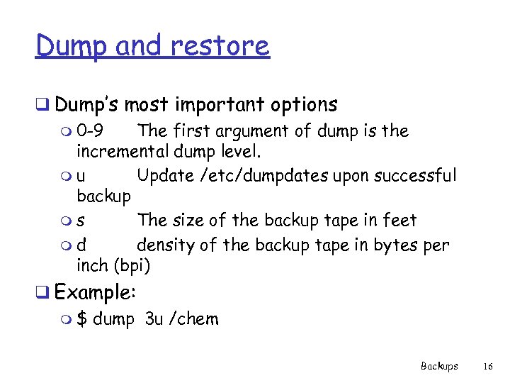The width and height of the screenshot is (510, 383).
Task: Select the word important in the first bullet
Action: [x=219, y=105]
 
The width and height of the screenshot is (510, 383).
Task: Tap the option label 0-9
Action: [x=92, y=131]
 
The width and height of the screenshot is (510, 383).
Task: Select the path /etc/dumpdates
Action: [x=274, y=175]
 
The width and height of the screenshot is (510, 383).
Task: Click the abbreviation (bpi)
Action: [x=131, y=266]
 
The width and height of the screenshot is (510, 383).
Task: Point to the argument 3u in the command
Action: [x=154, y=319]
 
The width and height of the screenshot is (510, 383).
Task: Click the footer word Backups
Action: [x=439, y=366]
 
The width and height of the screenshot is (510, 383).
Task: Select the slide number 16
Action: [x=487, y=366]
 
